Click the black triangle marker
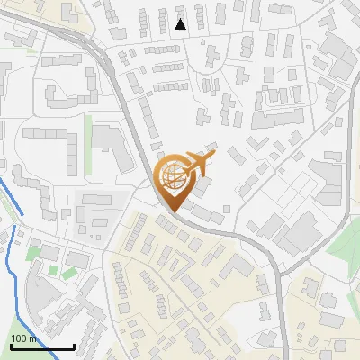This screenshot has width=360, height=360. click(x=181, y=24)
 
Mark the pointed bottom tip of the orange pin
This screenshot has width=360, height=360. click(x=171, y=212)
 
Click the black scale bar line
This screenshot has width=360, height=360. click(x=42, y=346)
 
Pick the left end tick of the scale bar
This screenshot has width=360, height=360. click(x=11, y=345)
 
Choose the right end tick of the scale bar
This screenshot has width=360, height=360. click(x=74, y=345)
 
